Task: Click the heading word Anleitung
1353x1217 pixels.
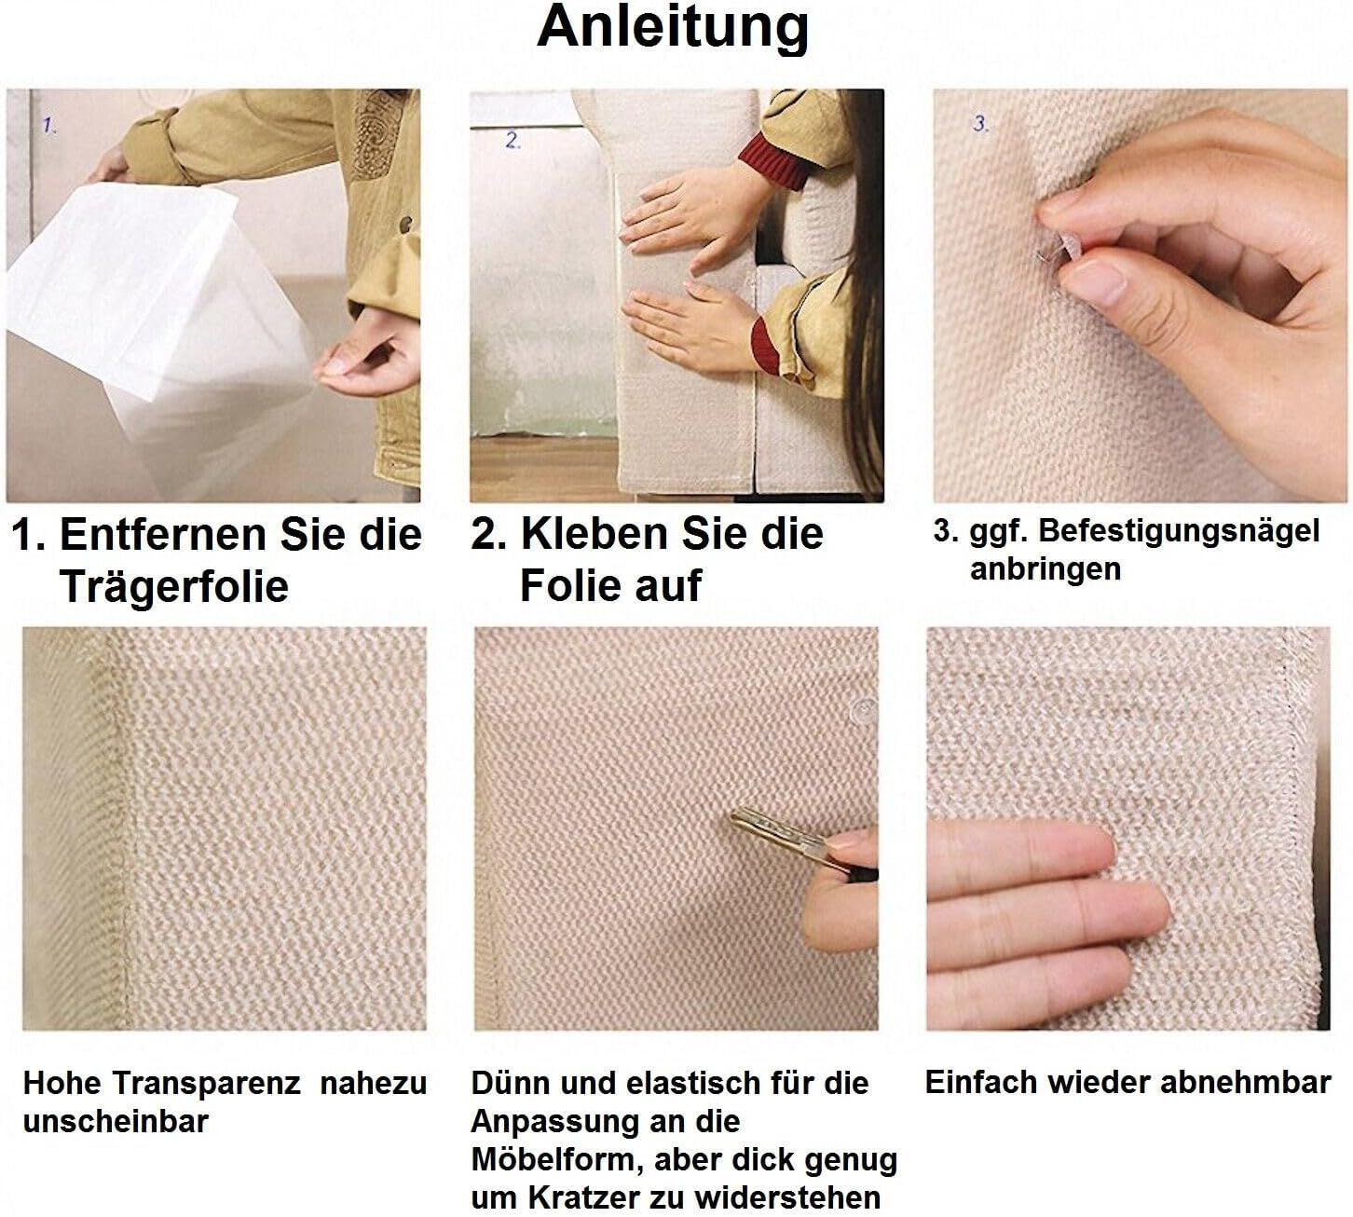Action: pos(673,28)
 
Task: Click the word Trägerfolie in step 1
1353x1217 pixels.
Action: pos(174,587)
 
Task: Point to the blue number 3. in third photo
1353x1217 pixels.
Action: pos(980,124)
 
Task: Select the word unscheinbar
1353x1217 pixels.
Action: pos(115,1121)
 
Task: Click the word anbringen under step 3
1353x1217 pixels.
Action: pos(1045,568)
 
